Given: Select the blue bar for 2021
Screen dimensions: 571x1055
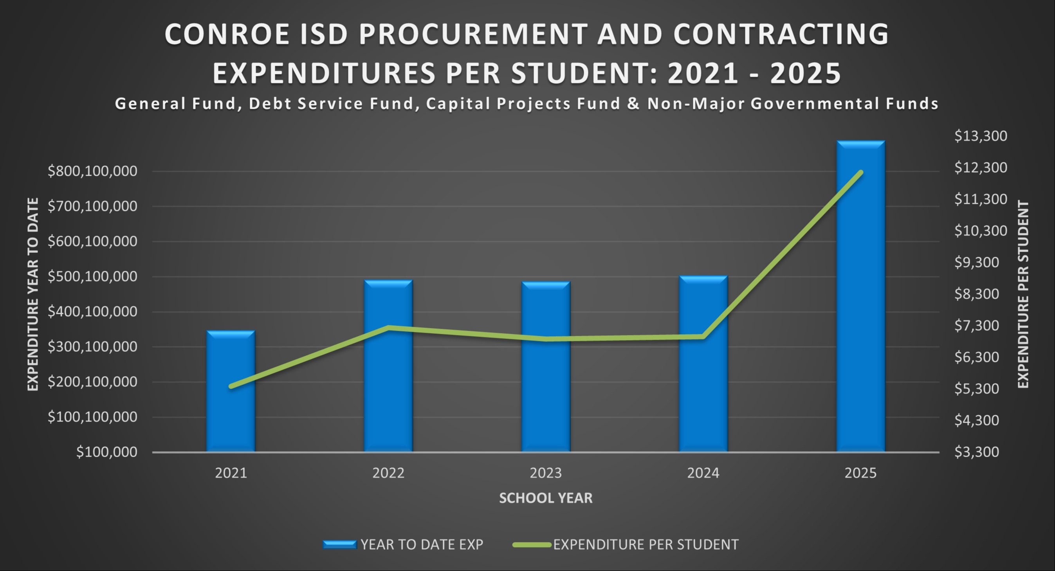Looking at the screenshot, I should click(x=231, y=391).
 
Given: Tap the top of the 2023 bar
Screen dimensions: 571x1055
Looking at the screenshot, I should click(x=546, y=283).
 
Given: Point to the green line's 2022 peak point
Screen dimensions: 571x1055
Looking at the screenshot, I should click(x=389, y=327).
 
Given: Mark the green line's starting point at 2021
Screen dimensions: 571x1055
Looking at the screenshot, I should click(x=231, y=386).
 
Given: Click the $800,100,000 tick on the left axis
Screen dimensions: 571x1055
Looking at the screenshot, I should click(x=92, y=171).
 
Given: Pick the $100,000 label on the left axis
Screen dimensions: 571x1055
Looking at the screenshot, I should click(x=106, y=452).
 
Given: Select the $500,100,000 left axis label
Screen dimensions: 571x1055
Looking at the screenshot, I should click(x=92, y=277).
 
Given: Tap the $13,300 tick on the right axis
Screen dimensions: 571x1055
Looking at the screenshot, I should click(x=981, y=136).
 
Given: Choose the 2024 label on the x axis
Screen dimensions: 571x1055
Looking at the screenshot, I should click(x=703, y=473).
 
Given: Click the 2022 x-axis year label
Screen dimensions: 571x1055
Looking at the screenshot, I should click(x=388, y=473).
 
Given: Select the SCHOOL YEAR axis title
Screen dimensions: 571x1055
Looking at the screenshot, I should click(x=546, y=498).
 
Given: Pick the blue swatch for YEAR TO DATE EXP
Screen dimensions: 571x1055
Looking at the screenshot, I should click(x=339, y=544).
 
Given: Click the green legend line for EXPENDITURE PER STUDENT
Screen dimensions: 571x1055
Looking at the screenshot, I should click(x=532, y=544).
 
